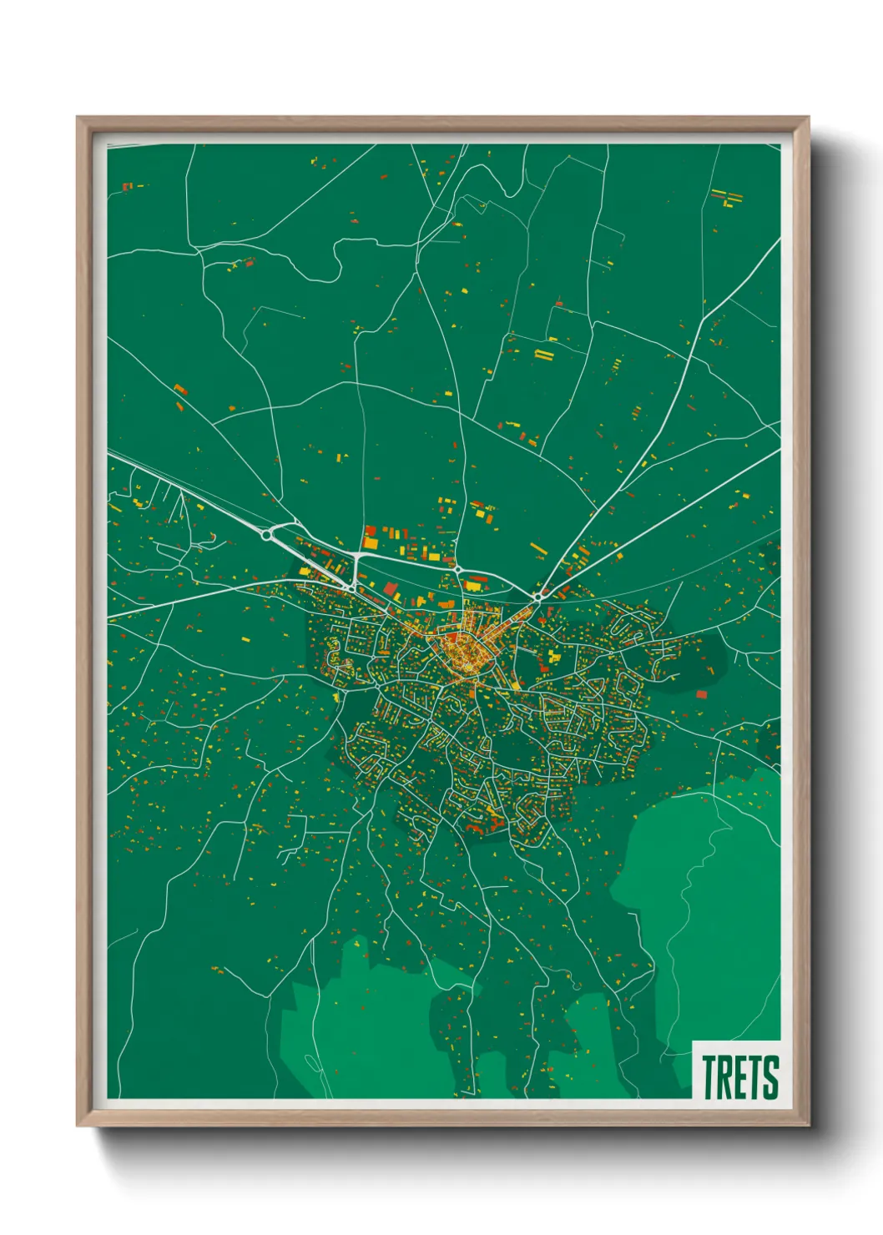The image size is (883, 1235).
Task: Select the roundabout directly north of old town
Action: (x=457, y=570)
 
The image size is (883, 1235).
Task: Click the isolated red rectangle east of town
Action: (x=701, y=693)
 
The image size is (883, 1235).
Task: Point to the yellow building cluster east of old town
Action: (x=551, y=655)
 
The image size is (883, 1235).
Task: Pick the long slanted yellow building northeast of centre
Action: (x=537, y=549)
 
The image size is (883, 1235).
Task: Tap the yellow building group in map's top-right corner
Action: (x=727, y=197)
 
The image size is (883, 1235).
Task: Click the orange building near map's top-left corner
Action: (x=127, y=186)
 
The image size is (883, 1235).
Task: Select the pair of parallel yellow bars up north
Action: (x=544, y=355)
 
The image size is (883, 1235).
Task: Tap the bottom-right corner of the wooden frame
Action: (x=808, y=1125)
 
